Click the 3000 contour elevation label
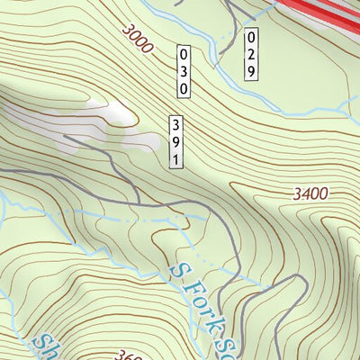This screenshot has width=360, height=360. [135, 39]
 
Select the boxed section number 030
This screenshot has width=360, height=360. [184, 70]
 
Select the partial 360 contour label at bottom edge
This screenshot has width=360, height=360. [130, 354]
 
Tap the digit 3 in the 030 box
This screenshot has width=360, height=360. [184, 70]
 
